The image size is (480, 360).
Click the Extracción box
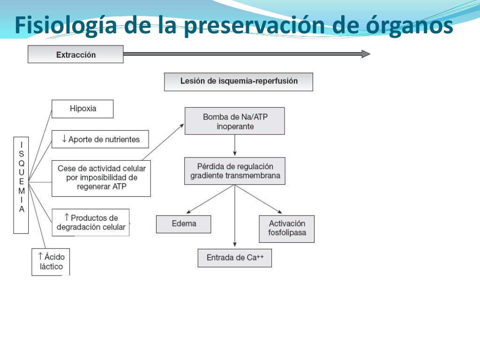click(75, 54)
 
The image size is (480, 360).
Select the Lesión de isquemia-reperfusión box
click(238, 82)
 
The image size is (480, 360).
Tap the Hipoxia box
click(82, 109)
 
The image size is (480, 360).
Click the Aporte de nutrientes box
click(100, 139)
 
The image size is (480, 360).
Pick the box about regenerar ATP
click(101, 178)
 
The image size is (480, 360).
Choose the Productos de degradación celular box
click(90, 222)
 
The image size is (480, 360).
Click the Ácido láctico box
click(51, 262)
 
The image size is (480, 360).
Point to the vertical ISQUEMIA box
click(21, 185)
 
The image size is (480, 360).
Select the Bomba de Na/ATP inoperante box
click(234, 121)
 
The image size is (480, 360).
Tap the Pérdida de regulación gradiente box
click(234, 171)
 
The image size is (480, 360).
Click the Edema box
click(183, 224)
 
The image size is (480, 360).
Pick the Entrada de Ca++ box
click(234, 258)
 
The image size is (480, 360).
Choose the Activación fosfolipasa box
click(286, 229)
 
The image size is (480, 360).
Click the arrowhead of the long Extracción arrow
click(366, 54)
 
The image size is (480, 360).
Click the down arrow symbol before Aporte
click(64, 139)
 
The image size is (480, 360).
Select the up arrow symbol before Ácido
click(40, 256)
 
